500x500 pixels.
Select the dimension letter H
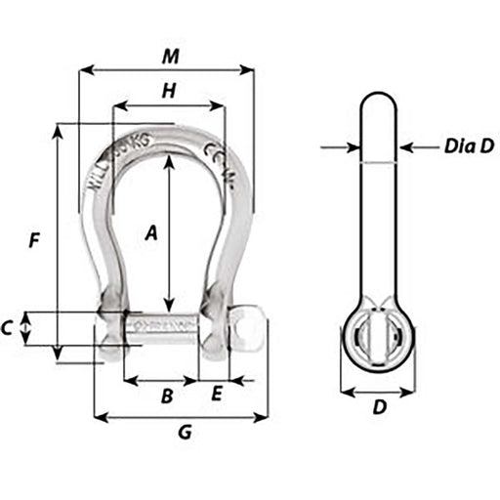168,91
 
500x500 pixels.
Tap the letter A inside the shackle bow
151,232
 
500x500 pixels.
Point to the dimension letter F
35,239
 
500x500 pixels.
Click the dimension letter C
8,328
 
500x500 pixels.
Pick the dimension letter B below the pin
167,396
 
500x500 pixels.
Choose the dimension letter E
217,395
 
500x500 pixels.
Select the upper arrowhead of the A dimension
170,161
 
